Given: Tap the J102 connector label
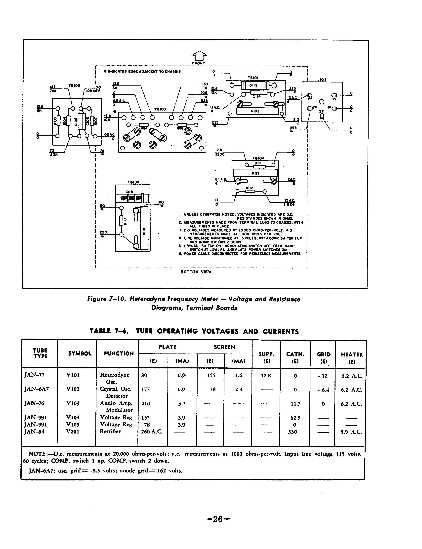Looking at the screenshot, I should [322, 80].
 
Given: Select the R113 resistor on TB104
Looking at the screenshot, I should [255, 173].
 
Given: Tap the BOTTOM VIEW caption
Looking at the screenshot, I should [196, 272].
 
